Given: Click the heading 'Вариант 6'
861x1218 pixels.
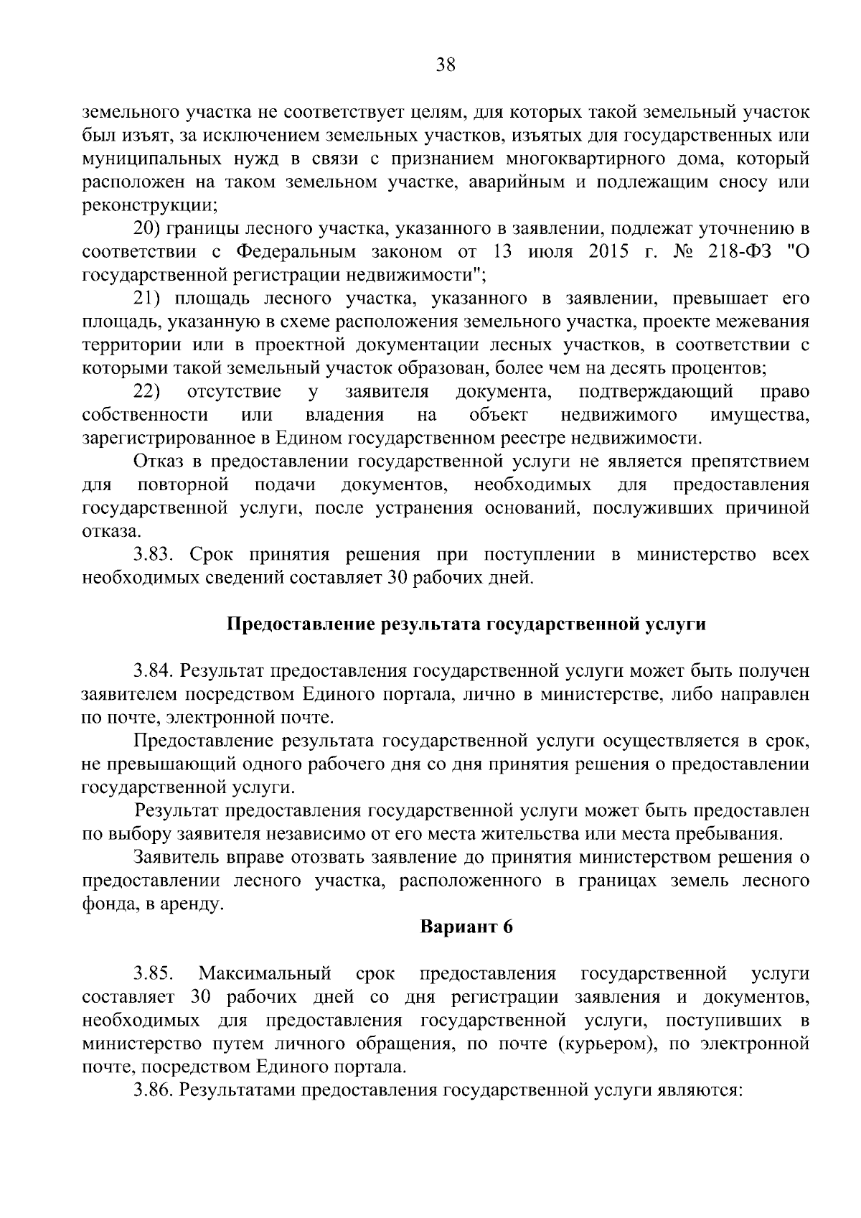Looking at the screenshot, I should coord(466,927).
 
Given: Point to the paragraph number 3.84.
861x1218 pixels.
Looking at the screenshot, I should coord(154,670).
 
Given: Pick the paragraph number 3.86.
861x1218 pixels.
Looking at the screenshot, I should coord(154,1090).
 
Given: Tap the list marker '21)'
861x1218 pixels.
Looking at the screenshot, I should coord(149,298).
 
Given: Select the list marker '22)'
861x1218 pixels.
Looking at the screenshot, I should coord(149,391).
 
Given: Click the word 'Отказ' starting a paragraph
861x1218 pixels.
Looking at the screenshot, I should coord(159,461).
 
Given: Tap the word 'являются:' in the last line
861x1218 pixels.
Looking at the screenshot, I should coord(706,1090).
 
